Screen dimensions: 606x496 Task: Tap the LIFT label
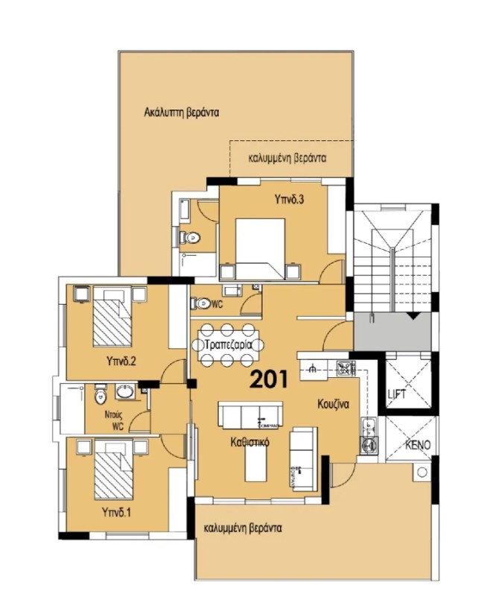pyautogui.click(x=396, y=394)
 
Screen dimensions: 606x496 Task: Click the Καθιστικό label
pyautogui.click(x=249, y=442)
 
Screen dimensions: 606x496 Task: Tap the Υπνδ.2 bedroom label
pyautogui.click(x=120, y=362)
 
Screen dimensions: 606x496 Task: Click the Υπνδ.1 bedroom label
pyautogui.click(x=117, y=513)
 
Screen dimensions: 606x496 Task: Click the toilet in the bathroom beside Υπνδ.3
pyautogui.click(x=191, y=239)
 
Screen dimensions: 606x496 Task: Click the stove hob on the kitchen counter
pyautogui.click(x=345, y=367)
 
